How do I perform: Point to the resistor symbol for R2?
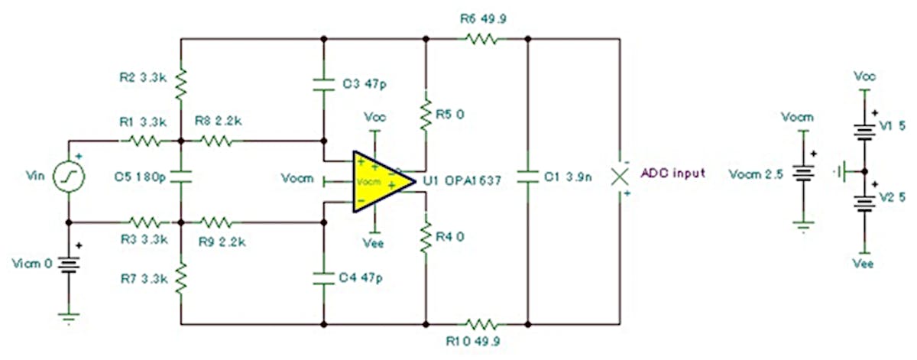click(181, 85)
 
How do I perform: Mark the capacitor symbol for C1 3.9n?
click(528, 177)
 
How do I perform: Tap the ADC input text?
click(672, 174)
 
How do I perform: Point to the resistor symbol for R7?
click(181, 280)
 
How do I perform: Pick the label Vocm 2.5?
click(756, 174)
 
